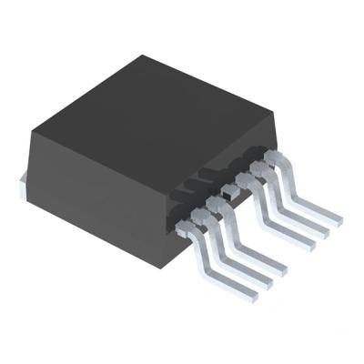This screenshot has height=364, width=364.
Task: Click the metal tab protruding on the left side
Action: [23, 186]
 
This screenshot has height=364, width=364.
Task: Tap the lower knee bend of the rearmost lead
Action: [295, 206]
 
